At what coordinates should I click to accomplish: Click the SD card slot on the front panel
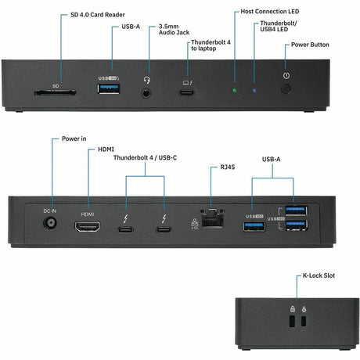pos(55,92)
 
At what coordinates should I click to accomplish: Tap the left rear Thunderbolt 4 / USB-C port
pos(127,230)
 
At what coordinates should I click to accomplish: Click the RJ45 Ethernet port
pos(211,218)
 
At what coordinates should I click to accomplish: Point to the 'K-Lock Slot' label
pos(322,277)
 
